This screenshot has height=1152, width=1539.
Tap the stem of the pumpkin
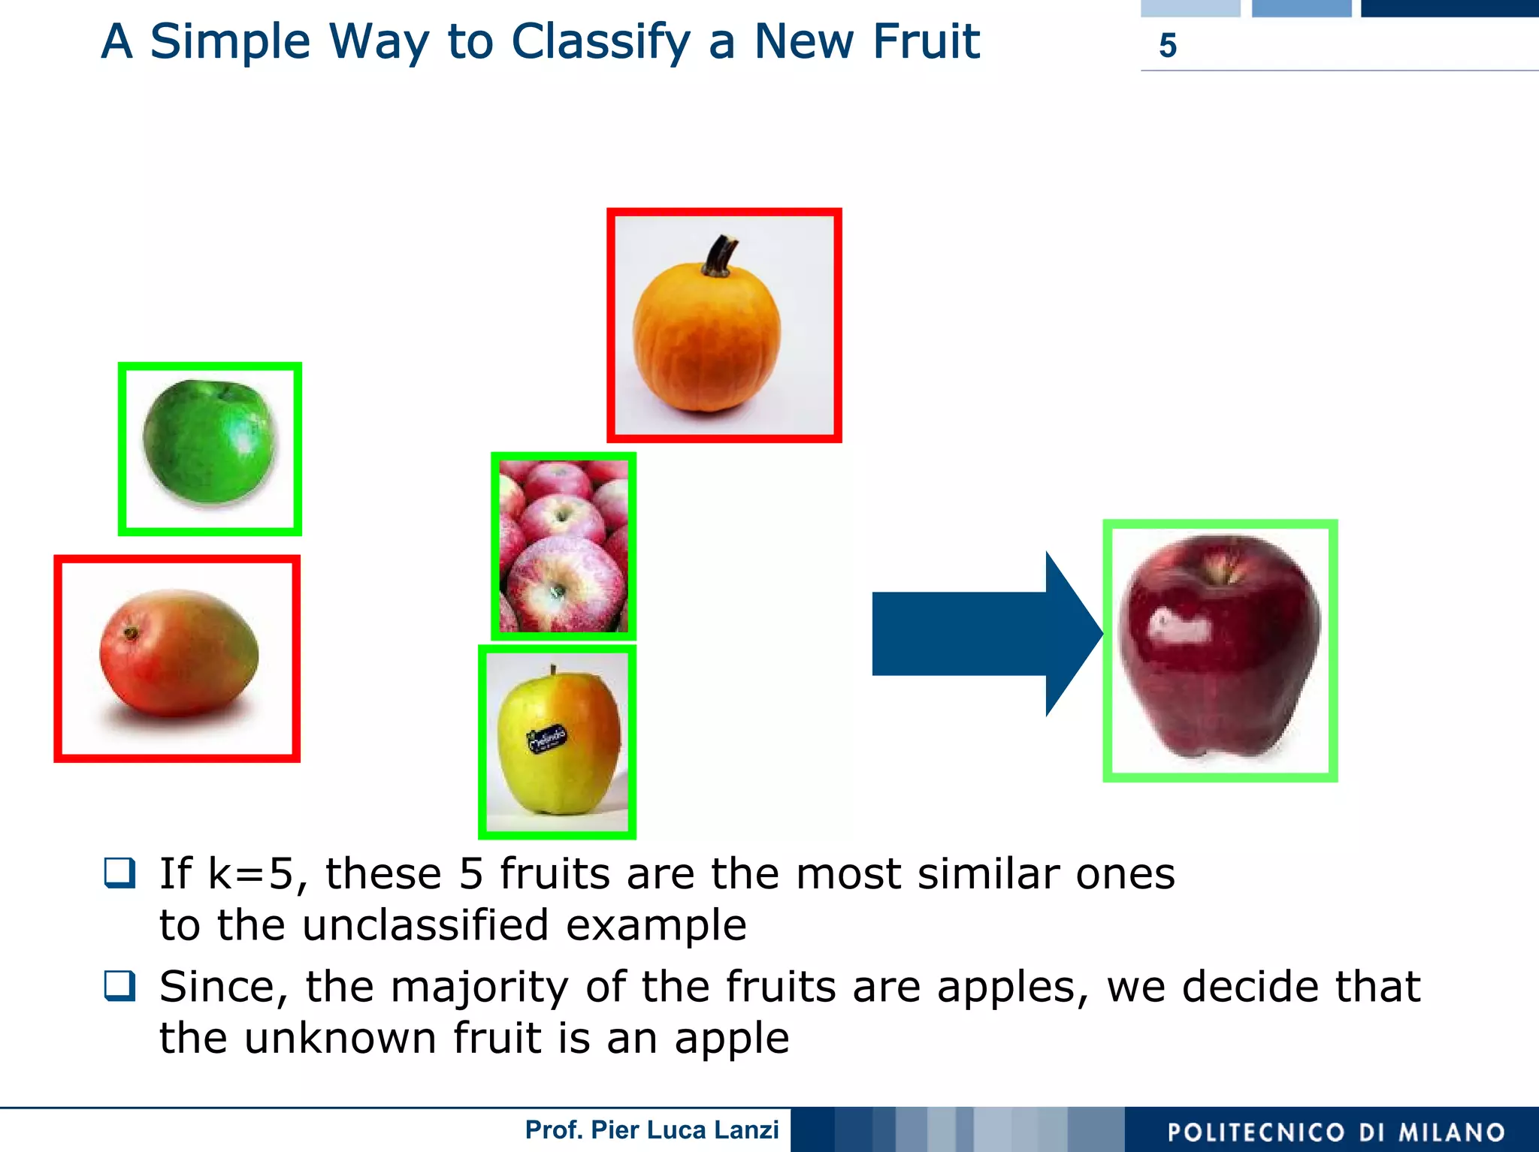[721, 255]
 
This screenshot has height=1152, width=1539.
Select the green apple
[209, 442]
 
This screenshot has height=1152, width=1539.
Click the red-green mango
[179, 652]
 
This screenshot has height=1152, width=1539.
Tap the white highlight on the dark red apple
[1180, 626]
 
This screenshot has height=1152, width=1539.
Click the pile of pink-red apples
[564, 546]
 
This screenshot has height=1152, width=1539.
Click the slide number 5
[1167, 46]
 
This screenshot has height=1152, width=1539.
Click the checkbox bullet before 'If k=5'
[120, 873]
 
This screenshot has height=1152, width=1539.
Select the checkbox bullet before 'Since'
[120, 986]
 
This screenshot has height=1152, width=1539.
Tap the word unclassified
[425, 924]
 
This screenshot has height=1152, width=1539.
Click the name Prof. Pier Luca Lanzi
[652, 1129]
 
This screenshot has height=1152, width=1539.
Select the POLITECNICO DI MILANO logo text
[1335, 1132]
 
